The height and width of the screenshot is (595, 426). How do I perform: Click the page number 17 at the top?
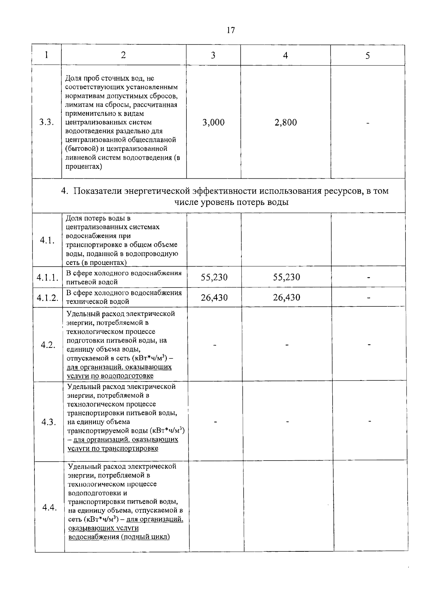(x=231, y=30)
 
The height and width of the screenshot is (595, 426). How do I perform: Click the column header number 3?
(x=213, y=55)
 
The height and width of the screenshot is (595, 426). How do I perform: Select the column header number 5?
(x=368, y=56)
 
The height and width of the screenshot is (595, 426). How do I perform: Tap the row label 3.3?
(x=47, y=122)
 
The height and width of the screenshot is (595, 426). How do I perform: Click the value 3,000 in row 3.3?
(x=213, y=122)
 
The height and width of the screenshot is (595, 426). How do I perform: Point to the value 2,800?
(x=285, y=122)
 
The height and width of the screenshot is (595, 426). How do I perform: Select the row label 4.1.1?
(x=48, y=278)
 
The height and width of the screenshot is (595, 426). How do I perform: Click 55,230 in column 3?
(x=214, y=277)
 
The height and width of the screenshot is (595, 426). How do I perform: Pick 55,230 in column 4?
(x=286, y=277)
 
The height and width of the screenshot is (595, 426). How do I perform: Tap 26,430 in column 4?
(x=286, y=297)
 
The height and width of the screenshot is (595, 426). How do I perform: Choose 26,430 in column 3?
(x=214, y=297)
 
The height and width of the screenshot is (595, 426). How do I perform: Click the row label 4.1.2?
(x=48, y=297)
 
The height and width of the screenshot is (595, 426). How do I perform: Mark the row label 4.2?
(x=48, y=345)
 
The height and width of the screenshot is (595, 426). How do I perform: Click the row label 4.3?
(x=49, y=422)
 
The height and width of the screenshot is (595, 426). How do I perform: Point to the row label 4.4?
(x=49, y=507)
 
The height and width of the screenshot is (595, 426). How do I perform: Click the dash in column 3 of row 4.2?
(x=215, y=345)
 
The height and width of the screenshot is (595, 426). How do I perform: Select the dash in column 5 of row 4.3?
(x=370, y=421)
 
